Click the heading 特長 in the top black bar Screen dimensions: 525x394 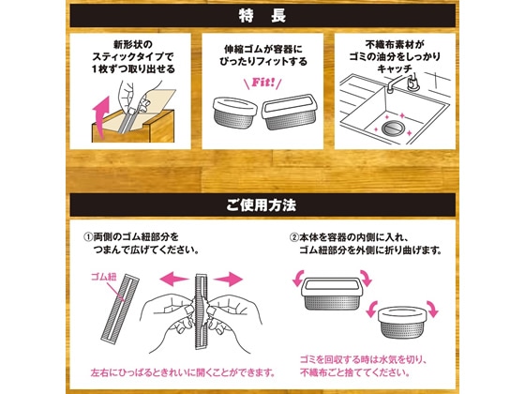(x=262, y=16)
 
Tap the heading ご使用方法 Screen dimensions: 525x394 (x=262, y=205)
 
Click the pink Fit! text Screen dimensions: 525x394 (x=263, y=83)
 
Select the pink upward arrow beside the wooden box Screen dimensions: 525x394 (x=101, y=117)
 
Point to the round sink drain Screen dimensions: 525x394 (x=391, y=128)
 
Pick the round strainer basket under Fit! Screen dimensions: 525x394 (x=235, y=113)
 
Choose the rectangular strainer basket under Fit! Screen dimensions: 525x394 (x=289, y=112)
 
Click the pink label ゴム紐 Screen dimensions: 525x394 (x=104, y=277)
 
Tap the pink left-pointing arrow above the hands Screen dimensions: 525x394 (x=174, y=279)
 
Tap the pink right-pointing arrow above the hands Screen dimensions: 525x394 (x=228, y=279)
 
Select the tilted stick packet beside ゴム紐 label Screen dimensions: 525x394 (x=120, y=309)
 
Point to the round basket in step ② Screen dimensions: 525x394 (x=401, y=322)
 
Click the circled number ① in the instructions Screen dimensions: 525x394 (x=88, y=237)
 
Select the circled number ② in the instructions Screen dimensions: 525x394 (x=293, y=237)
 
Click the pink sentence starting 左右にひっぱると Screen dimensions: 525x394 (x=183, y=372)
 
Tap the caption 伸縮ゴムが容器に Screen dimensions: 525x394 (x=263, y=50)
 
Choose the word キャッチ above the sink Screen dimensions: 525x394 (x=395, y=69)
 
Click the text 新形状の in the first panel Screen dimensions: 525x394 (x=133, y=44)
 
